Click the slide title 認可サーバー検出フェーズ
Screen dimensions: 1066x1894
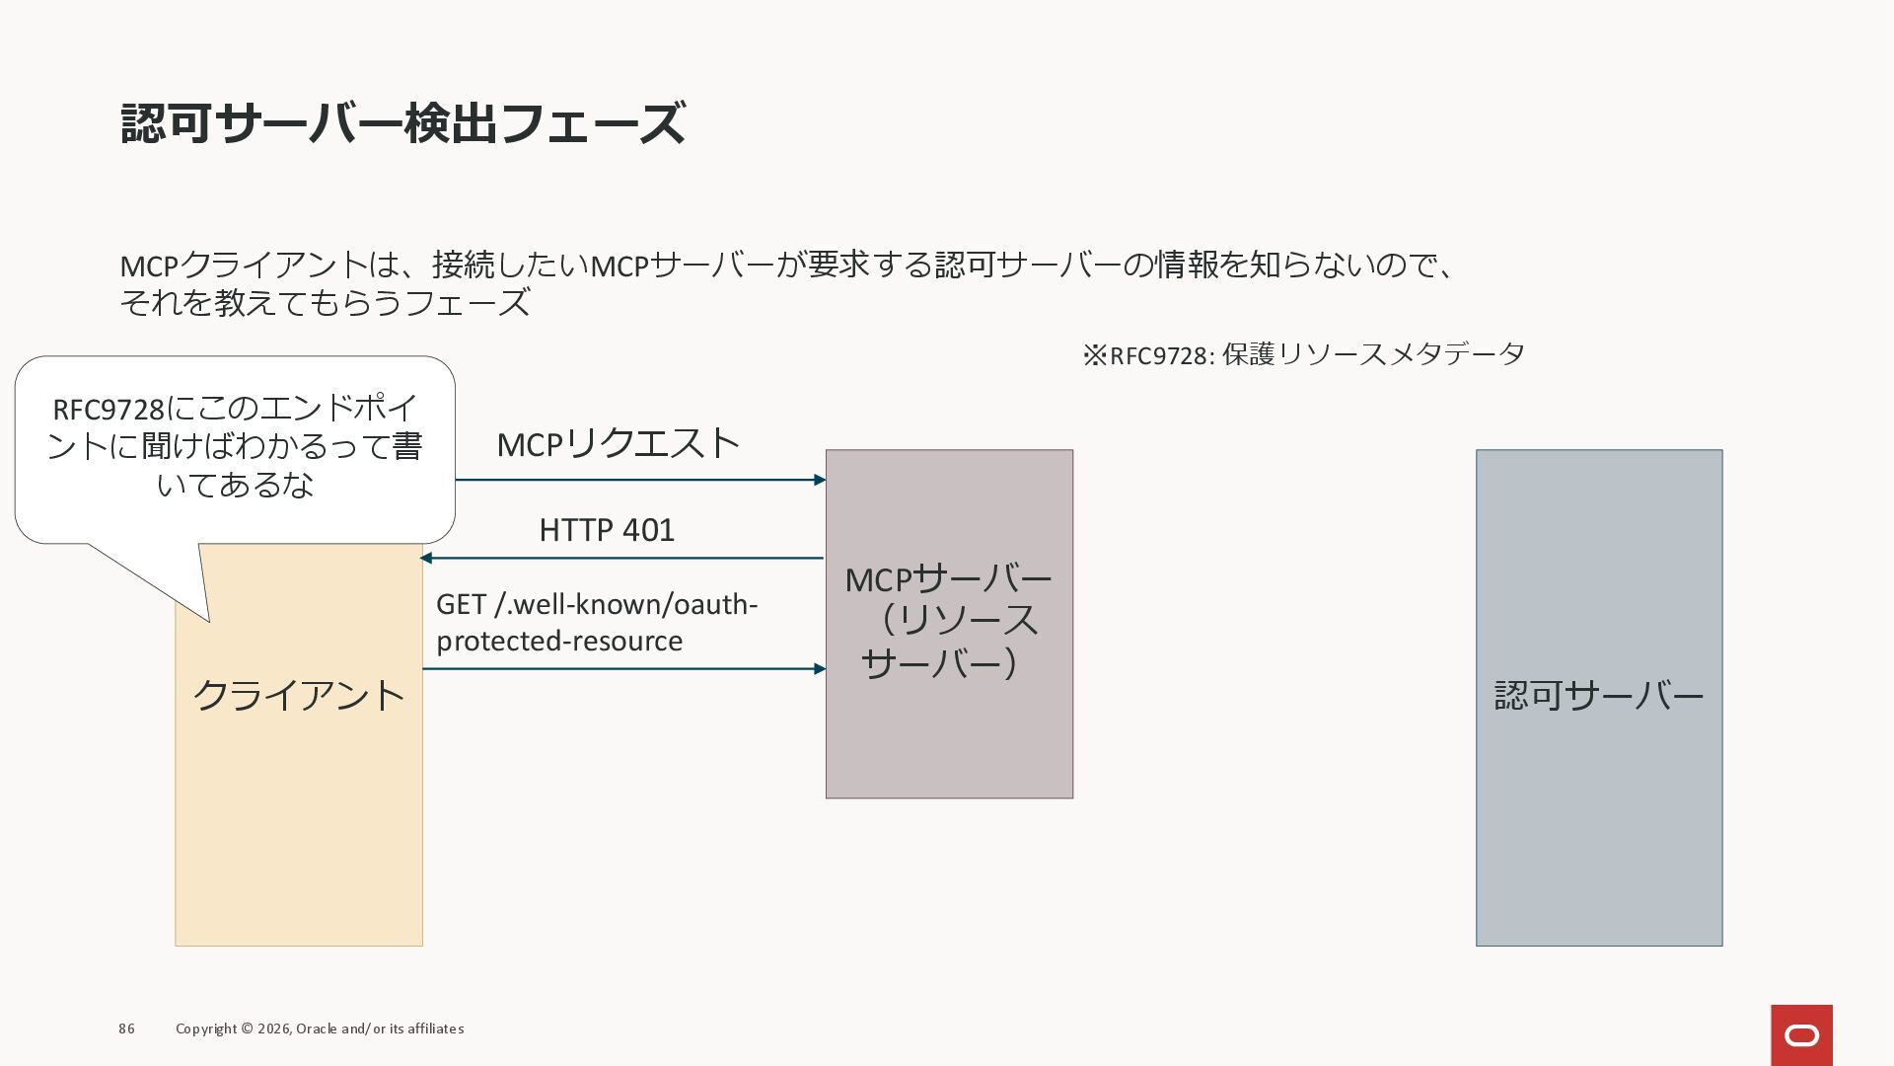[402, 124]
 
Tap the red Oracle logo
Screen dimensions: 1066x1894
[1801, 1034]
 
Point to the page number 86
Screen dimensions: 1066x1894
[126, 1028]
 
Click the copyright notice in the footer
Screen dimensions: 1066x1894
[320, 1028]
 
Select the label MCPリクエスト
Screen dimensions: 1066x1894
[618, 444]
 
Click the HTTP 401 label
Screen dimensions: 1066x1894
[607, 530]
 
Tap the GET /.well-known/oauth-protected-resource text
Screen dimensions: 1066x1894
[596, 622]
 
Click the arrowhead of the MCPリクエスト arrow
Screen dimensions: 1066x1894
[820, 480]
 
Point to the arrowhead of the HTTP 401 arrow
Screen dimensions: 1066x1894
[426, 558]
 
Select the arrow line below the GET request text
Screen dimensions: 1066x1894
[621, 669]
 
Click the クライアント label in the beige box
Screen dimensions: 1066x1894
[299, 696]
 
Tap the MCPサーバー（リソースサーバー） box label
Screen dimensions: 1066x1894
[948, 621]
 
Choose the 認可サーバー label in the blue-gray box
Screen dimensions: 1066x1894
[1598, 696]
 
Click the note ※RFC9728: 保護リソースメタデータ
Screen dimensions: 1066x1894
[1303, 354]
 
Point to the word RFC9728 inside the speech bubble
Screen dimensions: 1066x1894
[109, 409]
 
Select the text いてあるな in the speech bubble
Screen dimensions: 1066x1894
[235, 485]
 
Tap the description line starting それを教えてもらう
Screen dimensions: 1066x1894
[325, 303]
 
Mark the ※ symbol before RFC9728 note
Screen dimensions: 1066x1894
[1095, 355]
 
